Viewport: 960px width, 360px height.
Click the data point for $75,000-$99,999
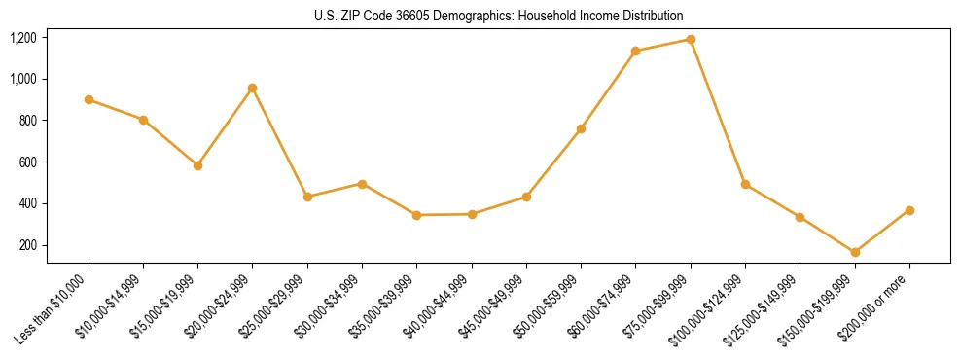click(691, 40)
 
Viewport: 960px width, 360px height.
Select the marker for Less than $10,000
click(89, 99)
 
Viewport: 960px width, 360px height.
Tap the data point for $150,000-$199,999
click(855, 252)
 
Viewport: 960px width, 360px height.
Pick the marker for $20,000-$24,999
click(253, 89)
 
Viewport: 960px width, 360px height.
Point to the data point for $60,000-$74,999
click(636, 51)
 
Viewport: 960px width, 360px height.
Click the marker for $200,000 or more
click(909, 210)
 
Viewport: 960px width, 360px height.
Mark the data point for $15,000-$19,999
click(198, 165)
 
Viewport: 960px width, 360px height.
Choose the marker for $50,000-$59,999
click(581, 128)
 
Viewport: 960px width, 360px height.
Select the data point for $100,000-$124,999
click(745, 184)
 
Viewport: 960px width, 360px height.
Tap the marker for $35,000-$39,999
click(417, 215)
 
